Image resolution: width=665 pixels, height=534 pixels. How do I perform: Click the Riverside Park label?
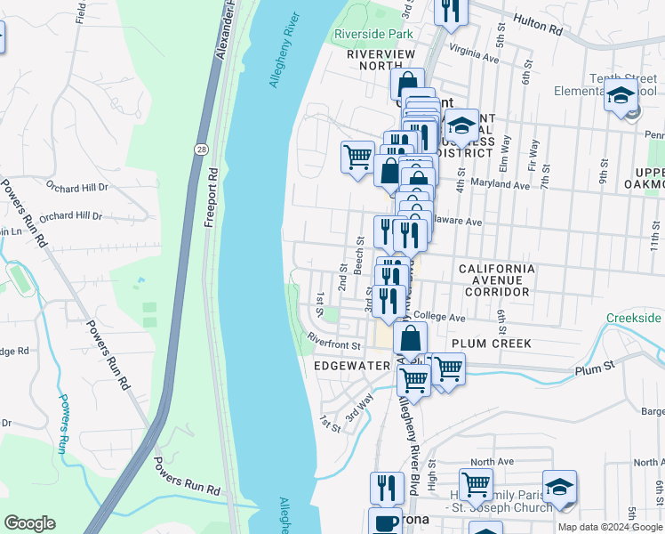[373, 35]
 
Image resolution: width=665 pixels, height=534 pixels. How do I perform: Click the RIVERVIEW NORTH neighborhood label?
[381, 61]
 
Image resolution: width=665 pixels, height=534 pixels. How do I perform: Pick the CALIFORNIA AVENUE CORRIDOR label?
[496, 279]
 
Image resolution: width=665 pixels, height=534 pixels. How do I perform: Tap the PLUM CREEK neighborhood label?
[491, 344]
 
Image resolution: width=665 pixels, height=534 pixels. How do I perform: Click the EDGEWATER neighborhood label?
[352, 365]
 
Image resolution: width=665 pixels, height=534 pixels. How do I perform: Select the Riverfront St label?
[333, 340]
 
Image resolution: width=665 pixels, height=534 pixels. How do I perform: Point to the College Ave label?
[438, 317]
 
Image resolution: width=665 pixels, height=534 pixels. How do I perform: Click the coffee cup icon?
[385, 522]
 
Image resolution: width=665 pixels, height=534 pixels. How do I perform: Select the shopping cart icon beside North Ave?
[477, 484]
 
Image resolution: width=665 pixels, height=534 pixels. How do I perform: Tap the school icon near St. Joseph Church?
[559, 486]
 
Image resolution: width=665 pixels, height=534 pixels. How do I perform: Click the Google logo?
[29, 523]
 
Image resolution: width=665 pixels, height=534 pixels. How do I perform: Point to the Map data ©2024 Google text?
[610, 527]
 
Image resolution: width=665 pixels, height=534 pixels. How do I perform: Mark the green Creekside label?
[635, 318]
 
